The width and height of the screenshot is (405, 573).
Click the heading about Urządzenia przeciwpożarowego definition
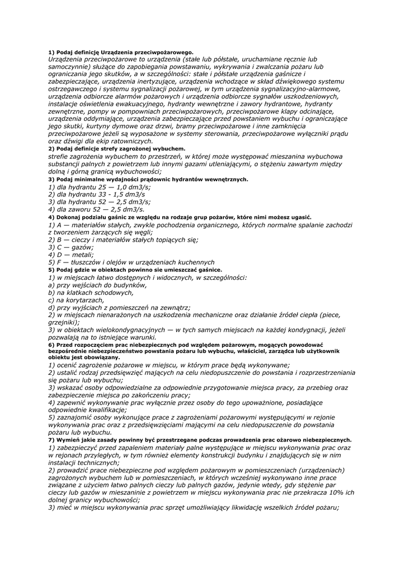point(120,52)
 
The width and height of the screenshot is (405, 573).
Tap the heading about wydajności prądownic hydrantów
point(148,179)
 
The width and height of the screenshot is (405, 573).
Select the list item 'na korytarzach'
point(77,300)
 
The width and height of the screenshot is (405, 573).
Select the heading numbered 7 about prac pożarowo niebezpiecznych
point(199,440)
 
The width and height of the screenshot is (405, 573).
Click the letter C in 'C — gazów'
point(58,247)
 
